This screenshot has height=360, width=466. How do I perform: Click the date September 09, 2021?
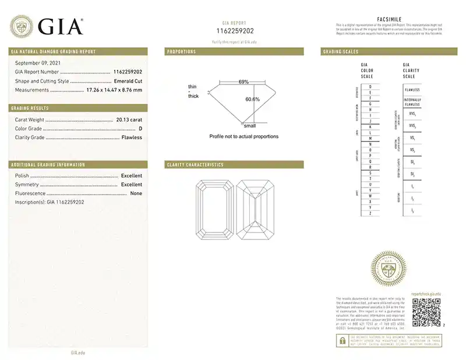pyautogui.click(x=36, y=62)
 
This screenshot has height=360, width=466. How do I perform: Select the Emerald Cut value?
pyautogui.click(x=128, y=81)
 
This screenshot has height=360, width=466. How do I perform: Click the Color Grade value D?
pyautogui.click(x=140, y=128)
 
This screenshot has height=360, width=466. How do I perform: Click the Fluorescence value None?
pyautogui.click(x=136, y=193)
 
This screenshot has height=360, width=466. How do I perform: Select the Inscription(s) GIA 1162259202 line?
pyautogui.click(x=50, y=202)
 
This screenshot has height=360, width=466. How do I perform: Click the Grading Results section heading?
pyautogui.click(x=29, y=108)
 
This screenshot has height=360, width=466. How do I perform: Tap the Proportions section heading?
pyautogui.click(x=182, y=52)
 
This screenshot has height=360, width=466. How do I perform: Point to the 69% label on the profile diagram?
pyautogui.click(x=243, y=82)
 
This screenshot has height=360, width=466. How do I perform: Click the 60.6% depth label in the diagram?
pyautogui.click(x=252, y=99)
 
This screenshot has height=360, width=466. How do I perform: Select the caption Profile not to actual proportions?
pyautogui.click(x=243, y=136)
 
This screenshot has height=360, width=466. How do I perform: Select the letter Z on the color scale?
pyautogui.click(x=370, y=214)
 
